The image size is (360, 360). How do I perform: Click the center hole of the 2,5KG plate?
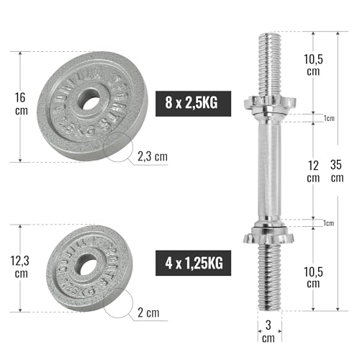90,101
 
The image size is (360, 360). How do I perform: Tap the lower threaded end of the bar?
267,277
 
